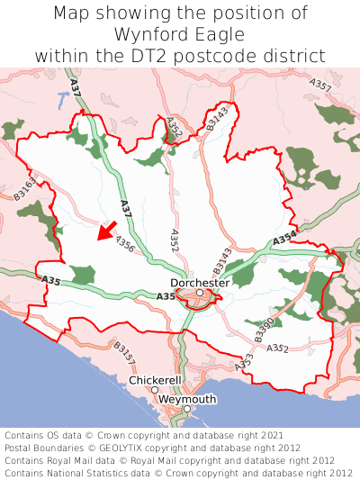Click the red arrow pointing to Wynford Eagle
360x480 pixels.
(x=107, y=231)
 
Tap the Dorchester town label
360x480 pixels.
(x=200, y=282)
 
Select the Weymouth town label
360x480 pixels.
(x=187, y=399)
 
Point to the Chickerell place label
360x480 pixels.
(x=156, y=380)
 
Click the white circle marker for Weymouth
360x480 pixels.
(x=187, y=410)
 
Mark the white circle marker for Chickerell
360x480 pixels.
(x=155, y=390)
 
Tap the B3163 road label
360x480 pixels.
(x=26, y=186)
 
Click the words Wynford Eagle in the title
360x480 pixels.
(x=180, y=34)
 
